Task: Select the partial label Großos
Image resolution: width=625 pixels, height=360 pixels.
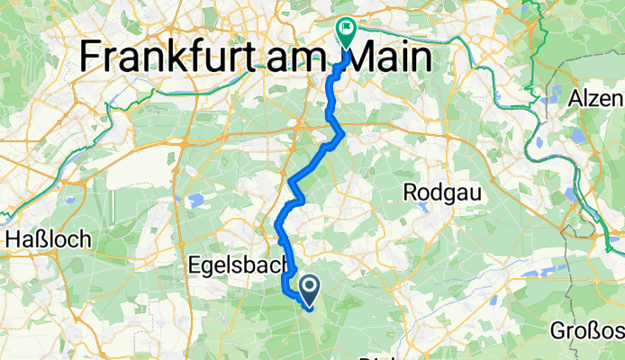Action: coord(591,332)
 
